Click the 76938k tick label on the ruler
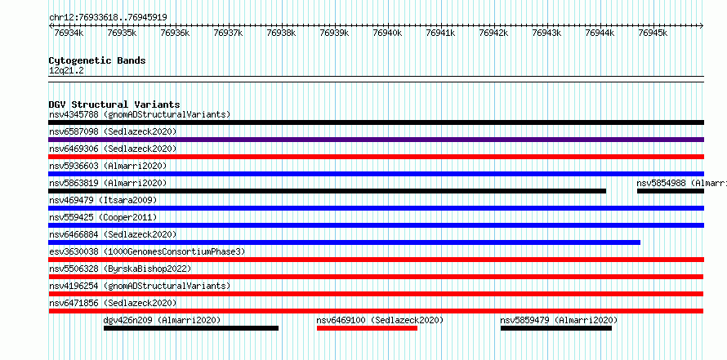click(281, 33)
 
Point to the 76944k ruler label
click(600, 33)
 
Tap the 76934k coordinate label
click(69, 33)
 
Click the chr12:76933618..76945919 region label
click(108, 18)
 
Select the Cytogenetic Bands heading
click(97, 60)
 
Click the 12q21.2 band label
click(66, 71)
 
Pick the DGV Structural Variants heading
click(114, 104)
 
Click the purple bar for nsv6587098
click(376, 140)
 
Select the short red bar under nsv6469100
click(368, 328)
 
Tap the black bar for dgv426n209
click(191, 328)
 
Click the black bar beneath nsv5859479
click(556, 328)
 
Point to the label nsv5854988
click(661, 183)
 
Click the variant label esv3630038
click(74, 251)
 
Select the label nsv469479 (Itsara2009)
click(103, 200)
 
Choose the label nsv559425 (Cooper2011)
click(103, 217)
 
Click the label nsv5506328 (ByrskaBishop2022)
click(120, 269)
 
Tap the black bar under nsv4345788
click(376, 122)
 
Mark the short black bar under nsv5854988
click(671, 191)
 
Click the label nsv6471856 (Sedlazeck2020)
click(113, 303)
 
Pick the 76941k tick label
click(440, 33)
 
